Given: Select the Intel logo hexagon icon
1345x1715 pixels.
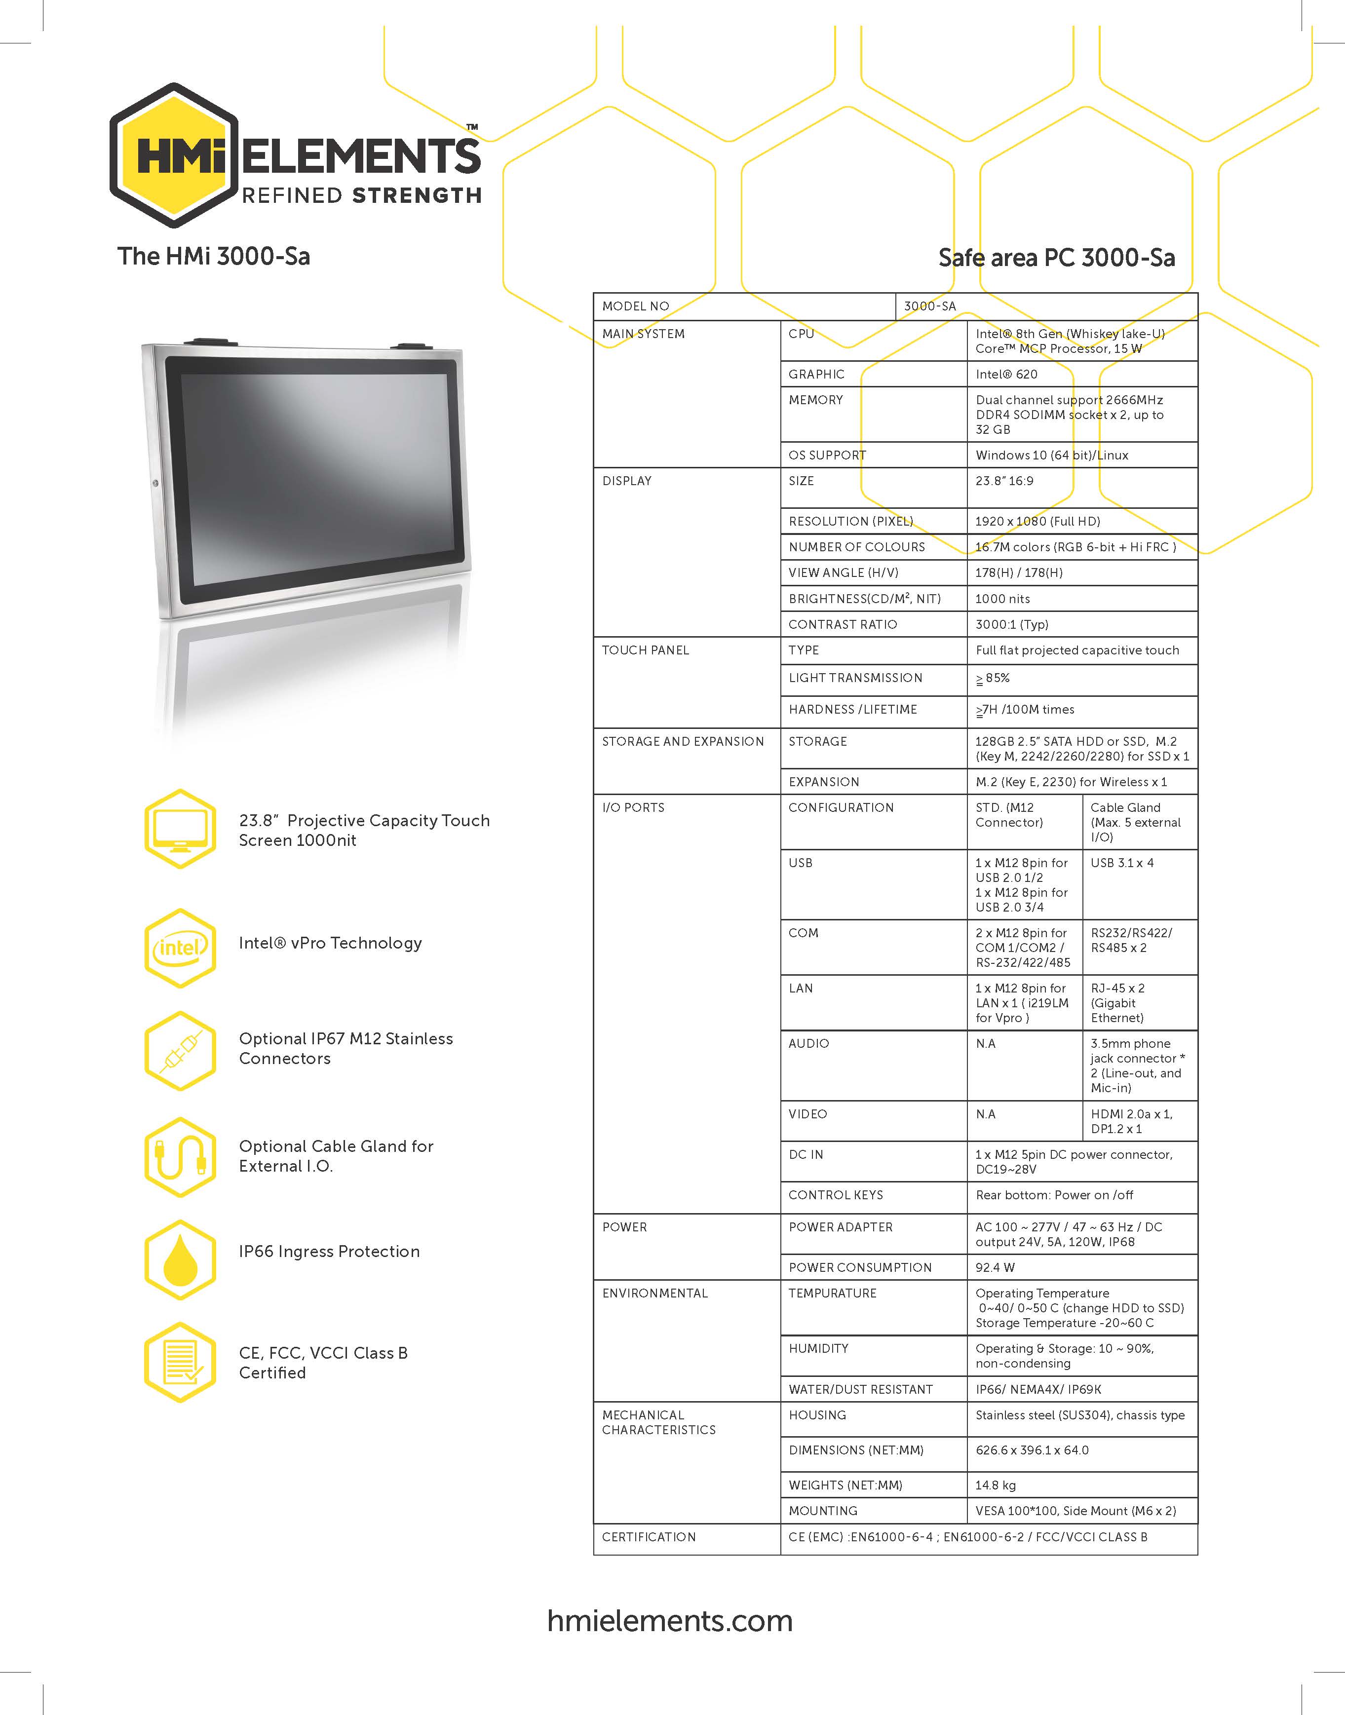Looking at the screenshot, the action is pos(180,948).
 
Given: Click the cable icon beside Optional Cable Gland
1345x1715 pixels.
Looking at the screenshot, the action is pos(180,1157).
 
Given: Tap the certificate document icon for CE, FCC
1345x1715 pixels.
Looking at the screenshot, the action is pos(180,1362).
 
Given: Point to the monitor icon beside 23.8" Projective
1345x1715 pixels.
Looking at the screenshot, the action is pos(180,829).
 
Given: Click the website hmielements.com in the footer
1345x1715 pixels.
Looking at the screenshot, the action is pos(670,1621).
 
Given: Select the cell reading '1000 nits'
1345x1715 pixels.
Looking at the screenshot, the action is pos(1002,599).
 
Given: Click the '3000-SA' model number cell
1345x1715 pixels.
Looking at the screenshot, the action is pos(930,306).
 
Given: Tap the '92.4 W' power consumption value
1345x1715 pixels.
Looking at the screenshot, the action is pos(996,1267).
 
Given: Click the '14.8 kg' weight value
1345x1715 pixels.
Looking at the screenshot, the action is pos(996,1485).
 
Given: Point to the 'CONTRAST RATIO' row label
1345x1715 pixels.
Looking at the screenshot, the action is pos(843,624).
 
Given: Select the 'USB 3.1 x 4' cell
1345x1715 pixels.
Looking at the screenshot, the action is pos(1122,863).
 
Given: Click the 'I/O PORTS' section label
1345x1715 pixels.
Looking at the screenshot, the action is pos(633,808).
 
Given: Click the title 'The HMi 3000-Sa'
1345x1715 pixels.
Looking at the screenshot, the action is pos(213,256).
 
